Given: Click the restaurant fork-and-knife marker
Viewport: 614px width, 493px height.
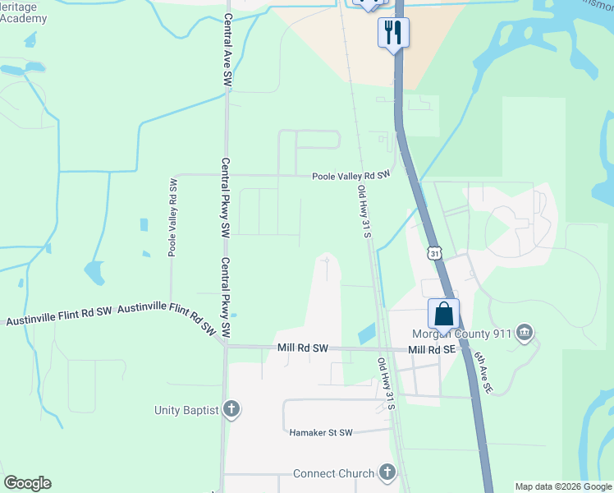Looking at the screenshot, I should (393, 33).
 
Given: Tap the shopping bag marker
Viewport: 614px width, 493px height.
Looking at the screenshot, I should (443, 314).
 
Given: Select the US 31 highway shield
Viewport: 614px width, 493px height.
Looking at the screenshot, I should (434, 254).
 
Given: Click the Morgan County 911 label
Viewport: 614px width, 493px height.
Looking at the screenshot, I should (465, 334).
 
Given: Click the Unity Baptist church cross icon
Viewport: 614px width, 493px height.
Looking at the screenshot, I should (231, 409).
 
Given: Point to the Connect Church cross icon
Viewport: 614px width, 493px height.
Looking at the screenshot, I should (387, 473).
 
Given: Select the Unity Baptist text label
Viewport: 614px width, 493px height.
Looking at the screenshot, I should (186, 409).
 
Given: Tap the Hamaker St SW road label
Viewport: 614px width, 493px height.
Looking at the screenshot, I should (321, 432).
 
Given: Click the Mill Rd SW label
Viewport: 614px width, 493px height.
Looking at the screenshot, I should (301, 348).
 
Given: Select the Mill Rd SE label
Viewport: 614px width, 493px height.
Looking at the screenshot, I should (431, 350).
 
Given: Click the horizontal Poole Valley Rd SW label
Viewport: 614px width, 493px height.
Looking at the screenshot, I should (350, 176).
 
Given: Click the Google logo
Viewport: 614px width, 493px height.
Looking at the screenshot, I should (27, 483).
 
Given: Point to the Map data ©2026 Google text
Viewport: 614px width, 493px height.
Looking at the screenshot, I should (563, 486).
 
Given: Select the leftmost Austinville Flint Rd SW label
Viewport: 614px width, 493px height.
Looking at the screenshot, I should (58, 316).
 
